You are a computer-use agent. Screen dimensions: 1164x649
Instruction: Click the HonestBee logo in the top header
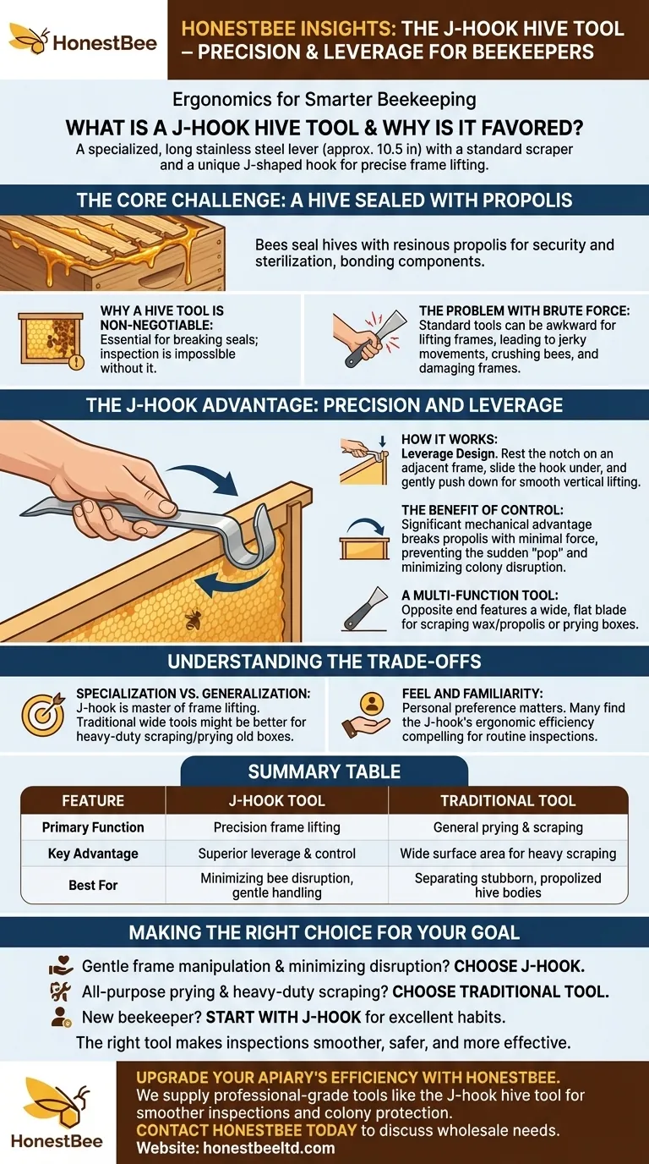pyautogui.click(x=83, y=39)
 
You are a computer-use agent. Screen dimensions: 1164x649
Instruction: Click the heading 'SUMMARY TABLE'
pyautogui.click(x=324, y=771)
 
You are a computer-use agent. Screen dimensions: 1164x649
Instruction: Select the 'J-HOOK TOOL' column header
pyautogui.click(x=276, y=800)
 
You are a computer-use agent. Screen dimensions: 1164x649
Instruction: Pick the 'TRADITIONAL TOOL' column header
pyautogui.click(x=508, y=800)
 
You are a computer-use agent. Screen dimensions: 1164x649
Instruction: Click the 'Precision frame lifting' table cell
pyautogui.click(x=276, y=827)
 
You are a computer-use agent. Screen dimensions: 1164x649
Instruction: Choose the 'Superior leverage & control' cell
pyautogui.click(x=276, y=854)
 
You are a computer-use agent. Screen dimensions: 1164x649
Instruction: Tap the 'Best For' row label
pyautogui.click(x=93, y=885)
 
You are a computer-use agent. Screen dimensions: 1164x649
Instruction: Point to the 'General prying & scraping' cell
pyautogui.click(x=508, y=827)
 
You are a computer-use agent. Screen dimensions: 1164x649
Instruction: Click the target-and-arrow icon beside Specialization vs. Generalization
pyautogui.click(x=42, y=711)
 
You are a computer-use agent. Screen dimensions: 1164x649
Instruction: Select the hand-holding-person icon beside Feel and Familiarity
pyautogui.click(x=370, y=711)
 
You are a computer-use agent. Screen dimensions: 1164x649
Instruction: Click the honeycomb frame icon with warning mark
pyautogui.click(x=51, y=338)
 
